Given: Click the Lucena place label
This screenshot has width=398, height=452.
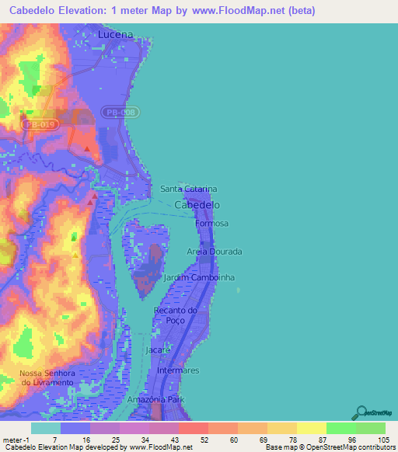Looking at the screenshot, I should pyautogui.click(x=116, y=35).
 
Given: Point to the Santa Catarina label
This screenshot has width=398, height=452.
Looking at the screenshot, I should pyautogui.click(x=188, y=189).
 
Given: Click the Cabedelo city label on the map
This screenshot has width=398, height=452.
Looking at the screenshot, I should pyautogui.click(x=197, y=205).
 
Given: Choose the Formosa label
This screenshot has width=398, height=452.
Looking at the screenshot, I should pyautogui.click(x=213, y=224).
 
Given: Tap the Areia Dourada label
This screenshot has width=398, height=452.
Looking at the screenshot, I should pyautogui.click(x=215, y=252).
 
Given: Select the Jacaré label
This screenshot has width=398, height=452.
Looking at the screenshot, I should pyautogui.click(x=159, y=350).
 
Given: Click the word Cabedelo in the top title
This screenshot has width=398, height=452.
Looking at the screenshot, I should pyautogui.click(x=39, y=12).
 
